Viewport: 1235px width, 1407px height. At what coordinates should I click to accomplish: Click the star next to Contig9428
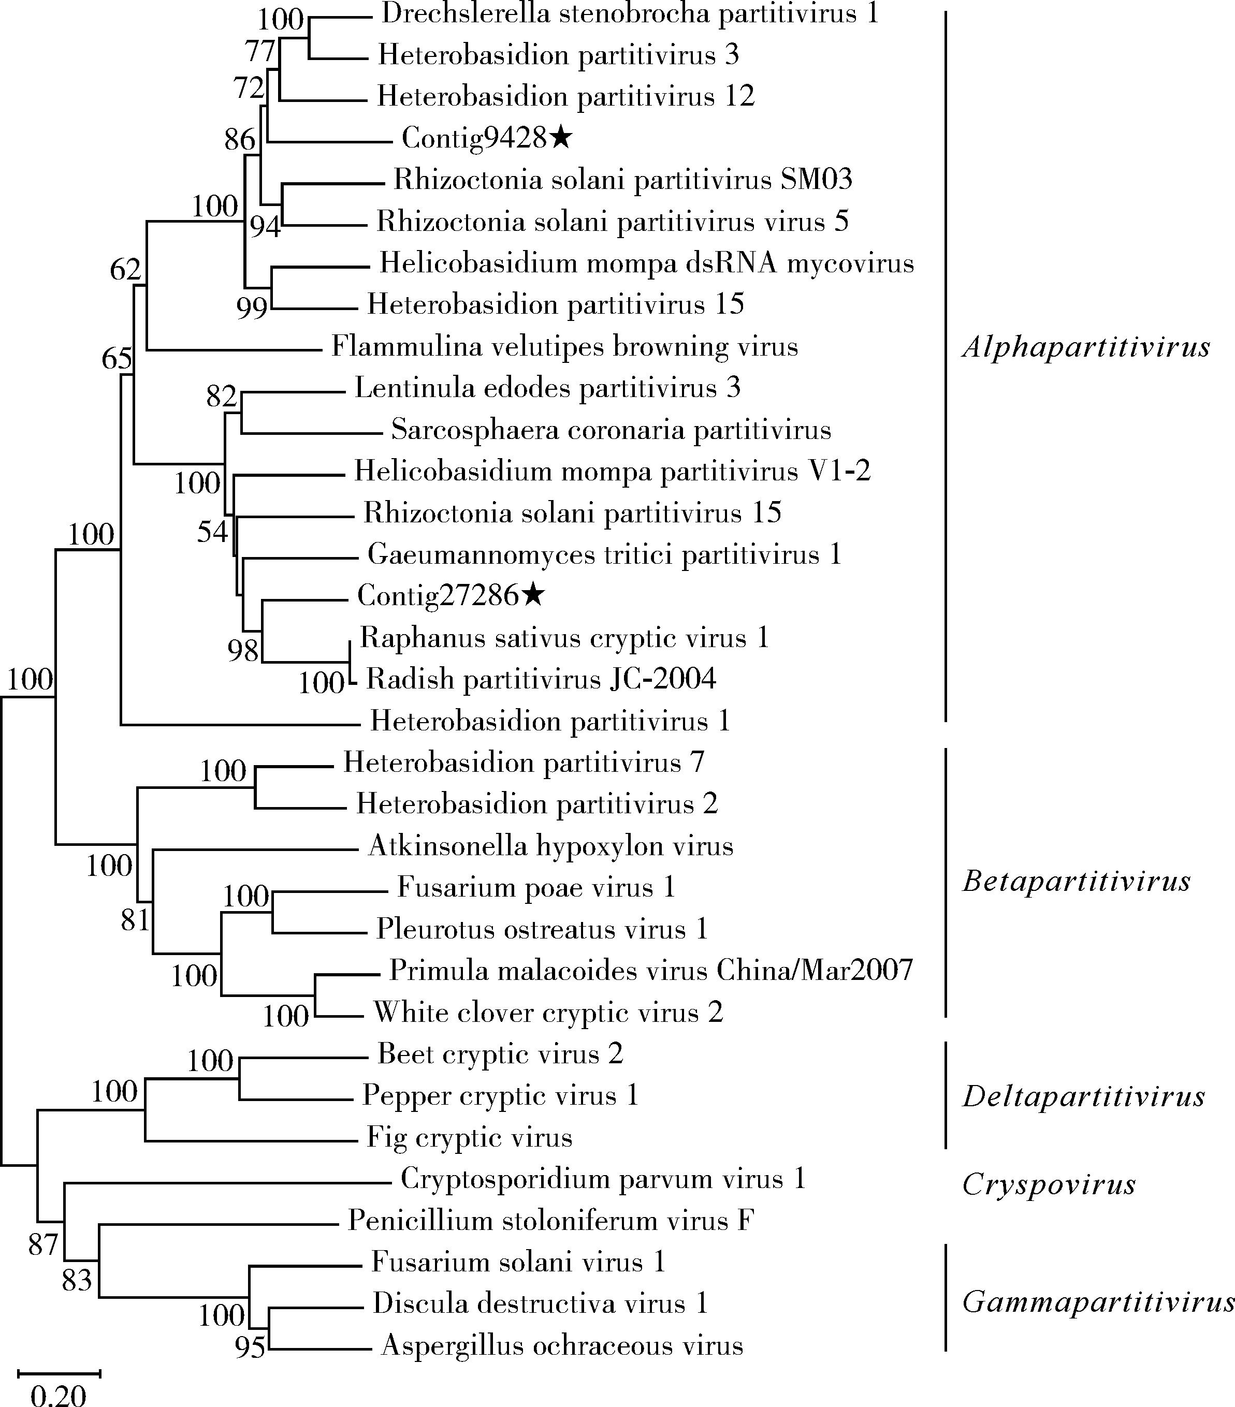(x=561, y=138)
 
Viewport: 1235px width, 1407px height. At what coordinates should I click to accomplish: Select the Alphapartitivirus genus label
(x=1086, y=346)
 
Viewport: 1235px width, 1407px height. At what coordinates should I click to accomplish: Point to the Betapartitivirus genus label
(x=1076, y=881)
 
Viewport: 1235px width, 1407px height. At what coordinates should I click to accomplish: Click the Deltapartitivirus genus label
(x=1084, y=1096)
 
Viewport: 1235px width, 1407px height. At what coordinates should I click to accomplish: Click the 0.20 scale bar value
(x=59, y=1395)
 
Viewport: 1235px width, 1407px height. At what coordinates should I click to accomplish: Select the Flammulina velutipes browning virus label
(x=564, y=346)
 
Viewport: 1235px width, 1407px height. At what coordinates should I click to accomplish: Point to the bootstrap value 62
(x=125, y=269)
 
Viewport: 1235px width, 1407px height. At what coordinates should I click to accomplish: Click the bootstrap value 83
(x=77, y=1280)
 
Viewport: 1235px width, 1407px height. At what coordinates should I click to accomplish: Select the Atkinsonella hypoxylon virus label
(x=551, y=845)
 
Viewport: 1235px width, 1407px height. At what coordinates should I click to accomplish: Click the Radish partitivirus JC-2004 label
(x=541, y=679)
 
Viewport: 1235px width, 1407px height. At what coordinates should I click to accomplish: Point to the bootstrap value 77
(x=261, y=51)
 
